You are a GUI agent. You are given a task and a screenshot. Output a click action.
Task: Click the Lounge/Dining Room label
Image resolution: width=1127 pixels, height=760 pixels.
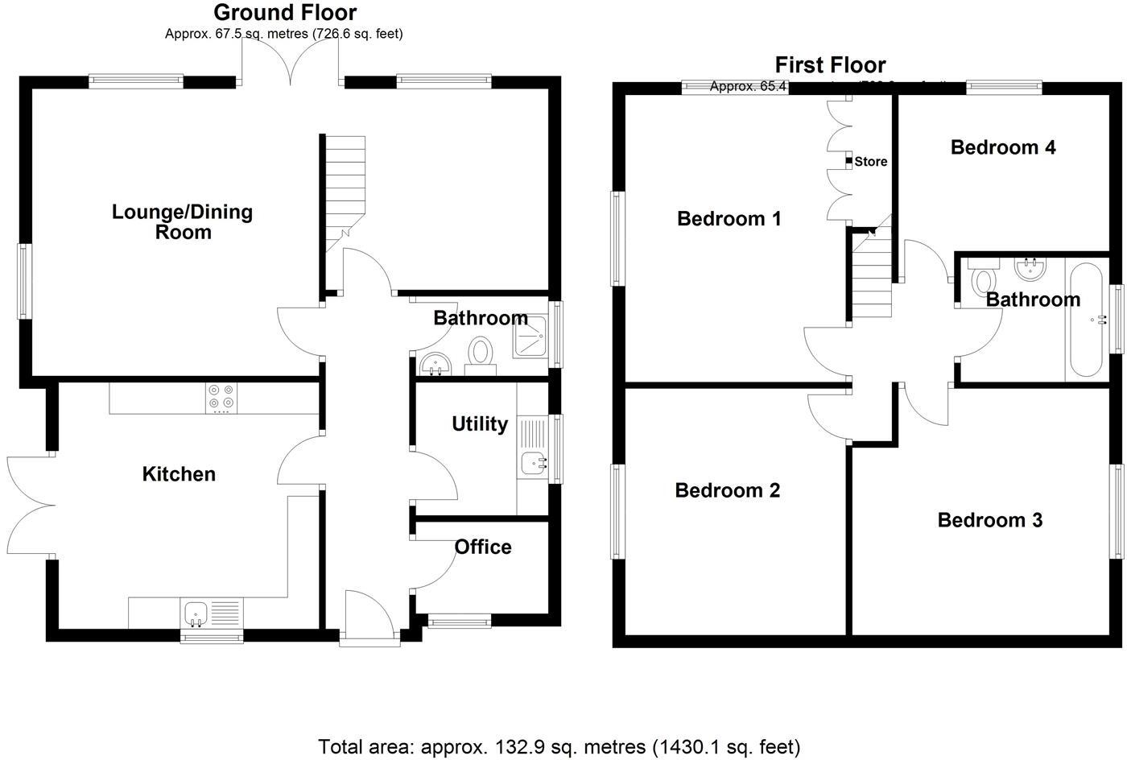click(182, 222)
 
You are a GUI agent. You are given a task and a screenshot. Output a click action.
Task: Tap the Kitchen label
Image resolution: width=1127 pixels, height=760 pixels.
click(179, 474)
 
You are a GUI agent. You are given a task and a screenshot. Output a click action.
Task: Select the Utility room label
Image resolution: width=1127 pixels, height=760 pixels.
click(480, 424)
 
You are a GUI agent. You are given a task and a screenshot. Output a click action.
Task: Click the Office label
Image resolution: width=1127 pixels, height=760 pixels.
click(483, 547)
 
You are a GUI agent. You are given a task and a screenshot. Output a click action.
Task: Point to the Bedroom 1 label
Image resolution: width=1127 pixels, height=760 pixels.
click(729, 219)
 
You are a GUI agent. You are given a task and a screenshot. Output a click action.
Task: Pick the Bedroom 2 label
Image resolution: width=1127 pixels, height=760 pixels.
click(728, 490)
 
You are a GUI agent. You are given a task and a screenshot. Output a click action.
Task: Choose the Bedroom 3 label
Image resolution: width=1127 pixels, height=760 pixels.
click(990, 520)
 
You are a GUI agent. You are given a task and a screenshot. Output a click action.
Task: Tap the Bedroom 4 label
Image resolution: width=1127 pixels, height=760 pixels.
click(1003, 147)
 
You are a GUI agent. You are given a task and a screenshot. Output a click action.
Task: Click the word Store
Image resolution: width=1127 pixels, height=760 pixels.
click(871, 162)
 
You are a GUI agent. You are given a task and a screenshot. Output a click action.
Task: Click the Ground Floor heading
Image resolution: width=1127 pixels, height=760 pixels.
click(285, 13)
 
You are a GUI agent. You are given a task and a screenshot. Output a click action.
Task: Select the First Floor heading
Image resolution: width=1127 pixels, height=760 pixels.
click(830, 65)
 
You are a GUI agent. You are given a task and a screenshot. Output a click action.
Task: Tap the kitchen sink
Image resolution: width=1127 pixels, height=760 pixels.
click(196, 615)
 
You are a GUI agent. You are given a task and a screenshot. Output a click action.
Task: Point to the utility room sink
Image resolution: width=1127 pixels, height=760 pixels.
click(533, 463)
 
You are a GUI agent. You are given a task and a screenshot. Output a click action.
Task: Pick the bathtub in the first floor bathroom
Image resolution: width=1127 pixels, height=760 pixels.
click(1087, 320)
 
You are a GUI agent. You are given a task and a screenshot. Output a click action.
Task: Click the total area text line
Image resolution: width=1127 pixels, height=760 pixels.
click(559, 746)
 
